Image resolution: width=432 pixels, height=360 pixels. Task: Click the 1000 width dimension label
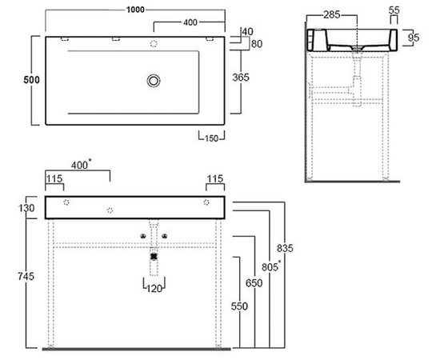tap(135, 10)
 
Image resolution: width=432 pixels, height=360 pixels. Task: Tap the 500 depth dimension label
tap(31, 80)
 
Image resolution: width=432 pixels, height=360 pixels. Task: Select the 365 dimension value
tap(241, 78)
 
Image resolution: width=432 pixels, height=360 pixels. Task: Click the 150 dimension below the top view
tap(211, 138)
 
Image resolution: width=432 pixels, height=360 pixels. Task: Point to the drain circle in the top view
tap(154, 81)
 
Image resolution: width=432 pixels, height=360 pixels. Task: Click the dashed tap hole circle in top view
tap(154, 43)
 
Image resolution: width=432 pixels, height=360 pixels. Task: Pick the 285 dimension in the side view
tap(332, 14)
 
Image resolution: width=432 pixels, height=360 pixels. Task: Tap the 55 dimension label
tap(394, 10)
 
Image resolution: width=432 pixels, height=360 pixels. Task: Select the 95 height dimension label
tap(414, 38)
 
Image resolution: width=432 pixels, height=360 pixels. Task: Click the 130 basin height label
tap(26, 208)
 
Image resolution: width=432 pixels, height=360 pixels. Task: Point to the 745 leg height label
tap(26, 276)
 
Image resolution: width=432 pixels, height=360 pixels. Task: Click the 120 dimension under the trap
tap(154, 289)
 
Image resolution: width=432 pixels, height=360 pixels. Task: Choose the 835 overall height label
tap(285, 248)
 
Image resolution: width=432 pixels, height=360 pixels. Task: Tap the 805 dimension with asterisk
tap(271, 266)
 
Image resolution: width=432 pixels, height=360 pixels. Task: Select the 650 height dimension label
tap(254, 283)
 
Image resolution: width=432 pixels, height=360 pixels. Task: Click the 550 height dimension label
tap(239, 306)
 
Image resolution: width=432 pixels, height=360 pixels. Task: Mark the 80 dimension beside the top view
tap(257, 44)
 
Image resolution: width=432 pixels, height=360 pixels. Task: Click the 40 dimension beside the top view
tap(248, 32)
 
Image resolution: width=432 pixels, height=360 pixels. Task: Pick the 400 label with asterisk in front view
tap(82, 165)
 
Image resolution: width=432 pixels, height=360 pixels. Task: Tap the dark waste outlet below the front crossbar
tap(154, 257)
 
